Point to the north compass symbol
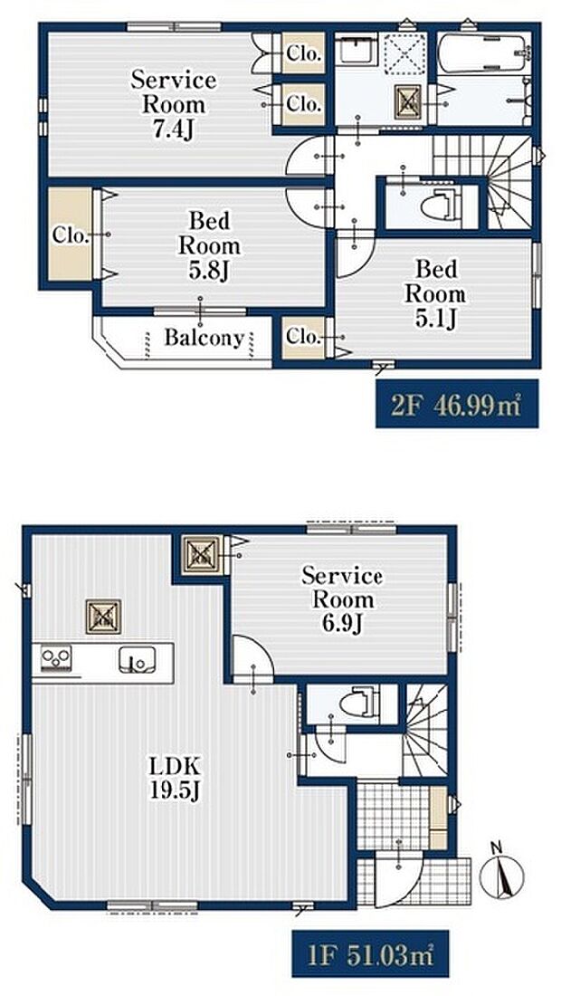[x=499, y=871]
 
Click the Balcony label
[x=204, y=339]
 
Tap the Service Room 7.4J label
[x=174, y=103]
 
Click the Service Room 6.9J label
[x=342, y=599]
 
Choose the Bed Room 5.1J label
[x=434, y=293]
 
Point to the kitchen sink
[x=137, y=660]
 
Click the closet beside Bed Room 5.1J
[x=302, y=337]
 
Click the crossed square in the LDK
[x=103, y=618]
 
